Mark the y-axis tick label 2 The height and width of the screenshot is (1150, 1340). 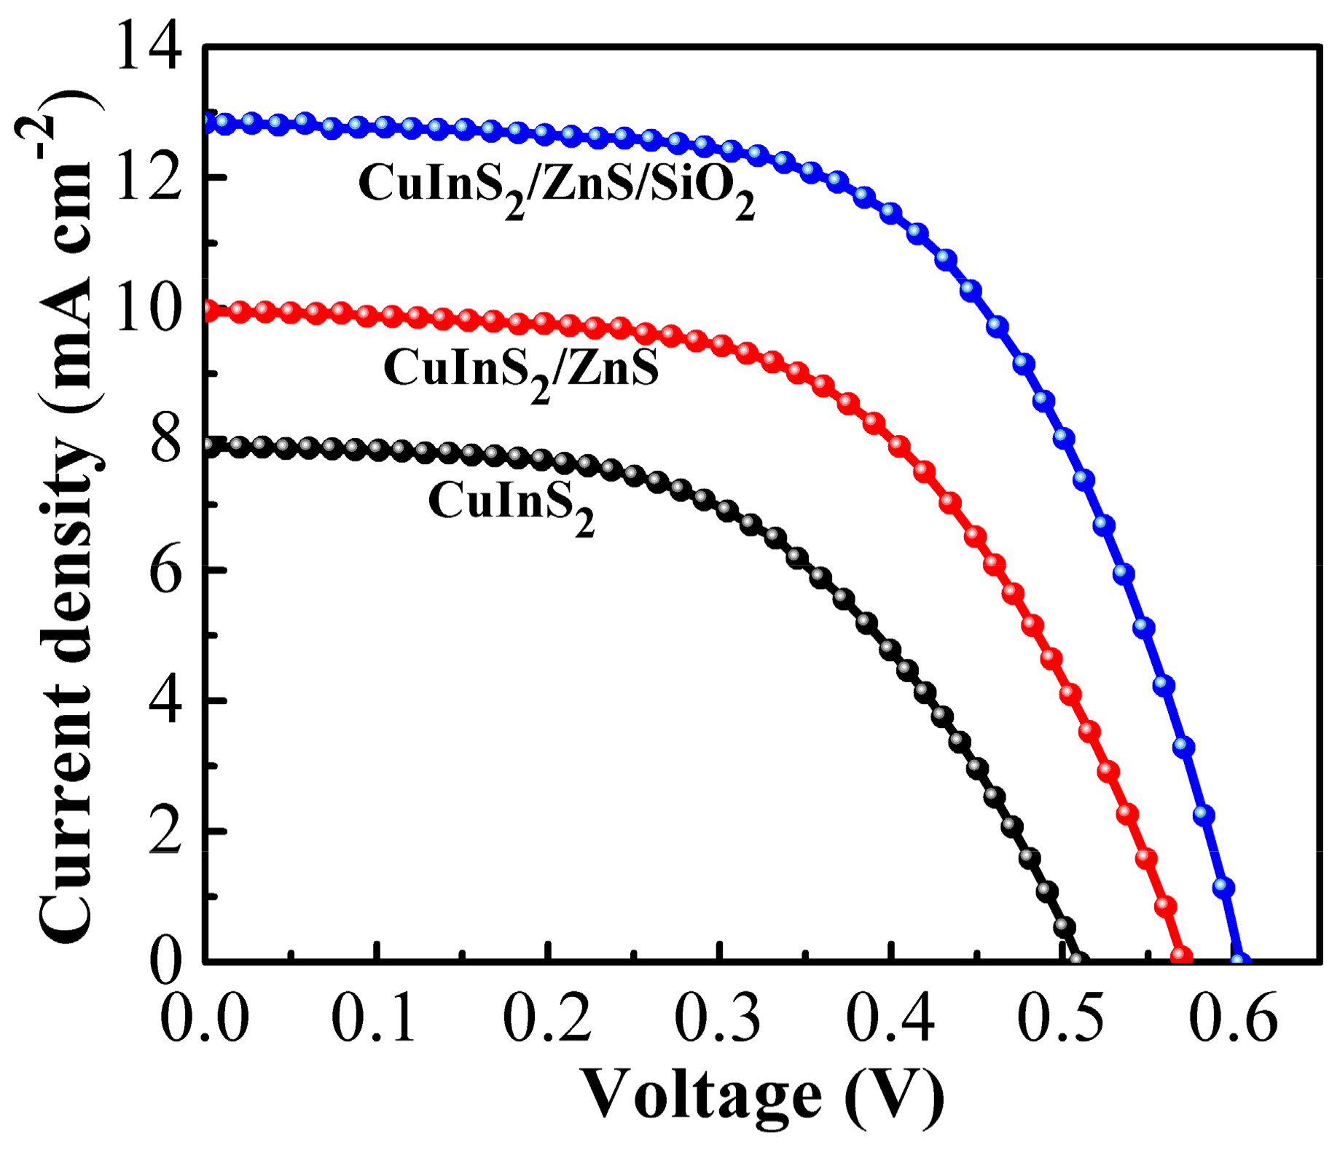[x=165, y=832]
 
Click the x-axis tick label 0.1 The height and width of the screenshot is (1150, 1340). [x=375, y=1017]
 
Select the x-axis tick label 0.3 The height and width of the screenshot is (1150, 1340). [x=718, y=1017]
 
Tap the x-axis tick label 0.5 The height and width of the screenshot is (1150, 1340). [x=1061, y=1017]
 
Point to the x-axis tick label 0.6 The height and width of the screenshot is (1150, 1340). [x=1233, y=1017]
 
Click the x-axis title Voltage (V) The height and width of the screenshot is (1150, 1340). [x=761, y=1095]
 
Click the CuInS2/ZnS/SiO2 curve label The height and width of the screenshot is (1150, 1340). [x=557, y=187]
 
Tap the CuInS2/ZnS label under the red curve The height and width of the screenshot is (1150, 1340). [x=521, y=372]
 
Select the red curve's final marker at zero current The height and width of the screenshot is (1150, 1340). [x=1180, y=955]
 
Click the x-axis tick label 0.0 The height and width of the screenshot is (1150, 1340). [x=204, y=1017]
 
